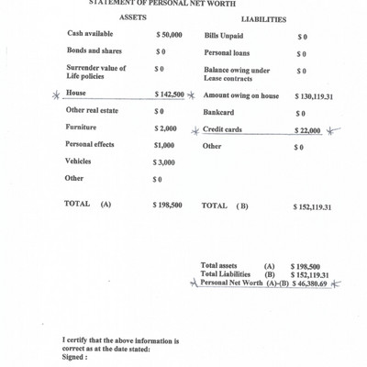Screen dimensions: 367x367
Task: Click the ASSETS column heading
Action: [134, 17]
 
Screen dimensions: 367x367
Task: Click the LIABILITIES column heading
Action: [263, 18]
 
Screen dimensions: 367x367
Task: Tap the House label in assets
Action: [77, 94]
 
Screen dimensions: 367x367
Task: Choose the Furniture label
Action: [82, 128]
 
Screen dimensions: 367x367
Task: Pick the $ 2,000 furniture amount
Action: [166, 128]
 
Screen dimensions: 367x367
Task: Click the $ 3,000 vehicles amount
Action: [165, 161]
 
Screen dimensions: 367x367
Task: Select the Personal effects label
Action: [90, 144]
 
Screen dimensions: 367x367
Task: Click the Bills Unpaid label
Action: [224, 35]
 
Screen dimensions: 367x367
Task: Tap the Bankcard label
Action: [218, 113]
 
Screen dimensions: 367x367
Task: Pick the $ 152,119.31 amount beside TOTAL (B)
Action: [312, 206]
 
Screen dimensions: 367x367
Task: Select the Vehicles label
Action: [78, 161]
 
